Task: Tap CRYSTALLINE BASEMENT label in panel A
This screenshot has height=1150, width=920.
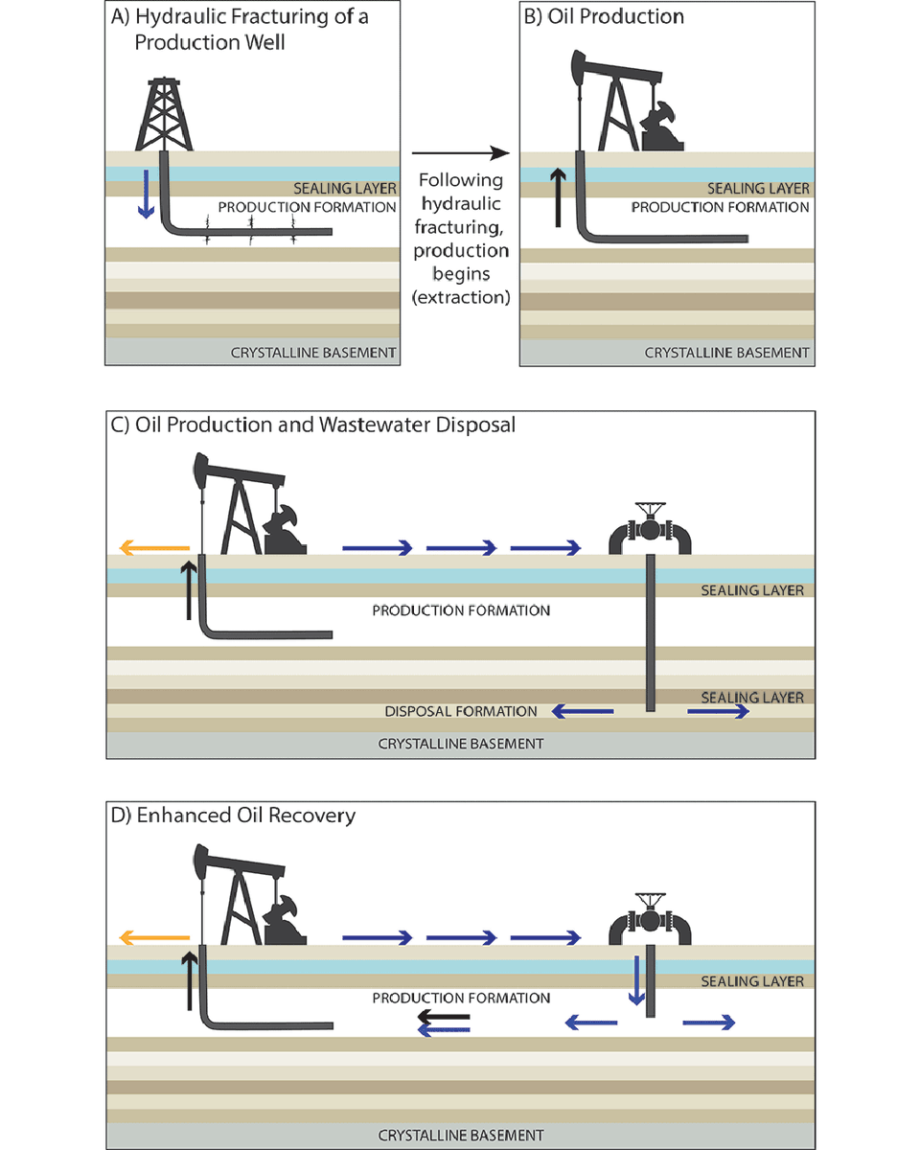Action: (313, 353)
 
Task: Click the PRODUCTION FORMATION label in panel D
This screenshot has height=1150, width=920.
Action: (461, 998)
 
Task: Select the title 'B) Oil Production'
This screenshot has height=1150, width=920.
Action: (603, 16)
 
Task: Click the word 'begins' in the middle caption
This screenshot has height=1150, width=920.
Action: (461, 274)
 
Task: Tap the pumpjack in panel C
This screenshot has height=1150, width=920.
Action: (244, 508)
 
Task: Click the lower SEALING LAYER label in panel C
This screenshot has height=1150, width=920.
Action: (752, 697)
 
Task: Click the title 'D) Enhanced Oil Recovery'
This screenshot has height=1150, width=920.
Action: (233, 816)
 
